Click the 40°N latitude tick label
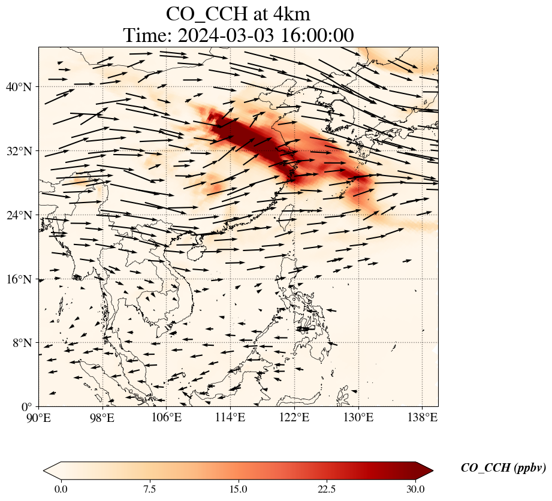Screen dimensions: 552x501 pos(19,87)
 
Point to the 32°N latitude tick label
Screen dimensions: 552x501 pos(19,151)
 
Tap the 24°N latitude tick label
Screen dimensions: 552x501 pos(19,215)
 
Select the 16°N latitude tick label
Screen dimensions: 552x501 pos(19,279)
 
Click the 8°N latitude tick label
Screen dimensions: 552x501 pos(22,343)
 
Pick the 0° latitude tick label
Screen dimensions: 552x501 pos(26,407)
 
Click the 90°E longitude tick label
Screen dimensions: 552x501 pos(39,418)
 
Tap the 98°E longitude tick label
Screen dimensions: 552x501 pos(102,418)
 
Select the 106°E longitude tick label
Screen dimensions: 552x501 pos(167,418)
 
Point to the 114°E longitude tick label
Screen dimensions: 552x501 pos(231,418)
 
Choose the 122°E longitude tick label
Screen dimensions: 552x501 pos(295,418)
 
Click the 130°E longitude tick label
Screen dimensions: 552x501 pos(358,418)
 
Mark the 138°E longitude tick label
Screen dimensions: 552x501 pos(423,418)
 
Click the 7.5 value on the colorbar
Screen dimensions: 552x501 pos(150,490)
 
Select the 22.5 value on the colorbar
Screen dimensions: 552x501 pos(327,490)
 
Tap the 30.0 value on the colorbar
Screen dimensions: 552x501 pos(415,490)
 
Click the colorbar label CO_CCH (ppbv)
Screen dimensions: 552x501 pos(503,468)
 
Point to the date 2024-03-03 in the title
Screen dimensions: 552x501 pos(225,35)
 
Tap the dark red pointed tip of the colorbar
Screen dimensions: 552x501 pos(432,470)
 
